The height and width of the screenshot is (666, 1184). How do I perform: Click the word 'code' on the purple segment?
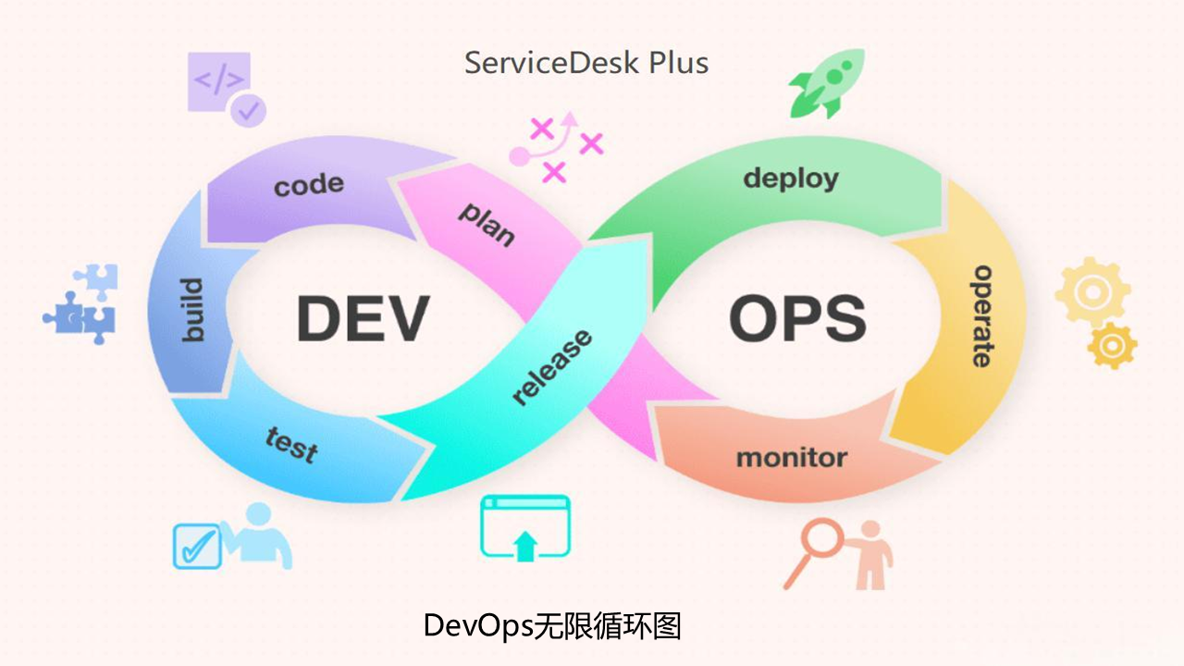[309, 184]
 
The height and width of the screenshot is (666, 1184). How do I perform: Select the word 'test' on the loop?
[291, 443]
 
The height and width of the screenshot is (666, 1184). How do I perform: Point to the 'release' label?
[552, 367]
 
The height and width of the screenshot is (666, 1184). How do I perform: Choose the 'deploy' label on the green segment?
[791, 178]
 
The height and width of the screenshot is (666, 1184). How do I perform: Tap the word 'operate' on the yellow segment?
[981, 315]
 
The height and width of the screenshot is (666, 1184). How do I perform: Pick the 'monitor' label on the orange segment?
[791, 457]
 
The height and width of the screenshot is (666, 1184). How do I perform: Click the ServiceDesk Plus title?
[586, 63]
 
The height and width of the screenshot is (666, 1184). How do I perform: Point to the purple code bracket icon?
[220, 82]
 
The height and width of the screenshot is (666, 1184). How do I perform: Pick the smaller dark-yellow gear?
[1113, 347]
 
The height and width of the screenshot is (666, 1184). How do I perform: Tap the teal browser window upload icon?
[524, 527]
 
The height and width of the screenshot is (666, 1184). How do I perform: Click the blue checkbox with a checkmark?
[196, 546]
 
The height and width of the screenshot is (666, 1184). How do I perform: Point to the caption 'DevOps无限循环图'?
[552, 625]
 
